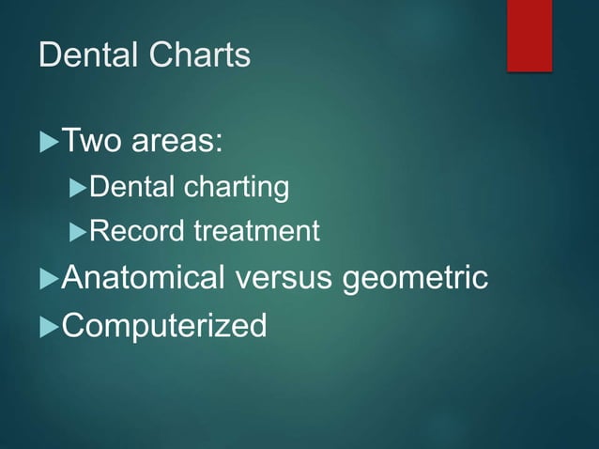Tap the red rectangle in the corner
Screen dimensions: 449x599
[530, 35]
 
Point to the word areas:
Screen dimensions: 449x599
[177, 143]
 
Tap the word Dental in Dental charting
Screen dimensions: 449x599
[131, 187]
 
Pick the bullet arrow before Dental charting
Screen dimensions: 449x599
[79, 188]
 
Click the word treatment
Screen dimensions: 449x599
[256, 230]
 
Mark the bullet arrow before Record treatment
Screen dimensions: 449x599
[79, 231]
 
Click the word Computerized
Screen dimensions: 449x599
[163, 326]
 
